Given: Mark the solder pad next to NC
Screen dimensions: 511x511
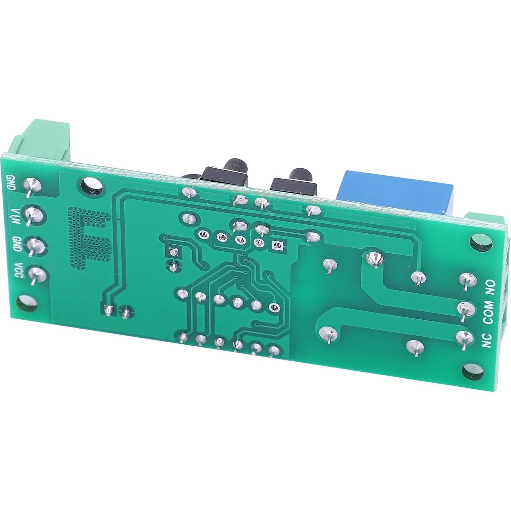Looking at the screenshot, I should tap(465, 338).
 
